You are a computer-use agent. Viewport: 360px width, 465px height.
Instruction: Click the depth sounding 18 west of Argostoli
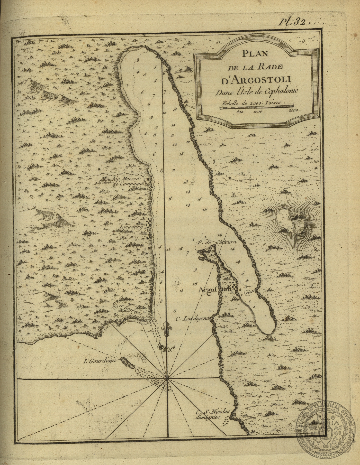click(194, 284)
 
